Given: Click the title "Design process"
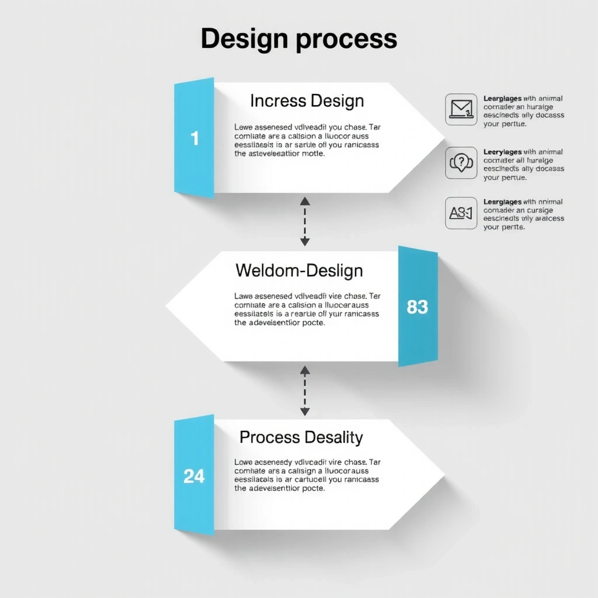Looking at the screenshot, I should (299, 39).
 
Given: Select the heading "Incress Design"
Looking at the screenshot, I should (307, 100).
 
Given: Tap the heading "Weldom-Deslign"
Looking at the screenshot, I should (299, 270).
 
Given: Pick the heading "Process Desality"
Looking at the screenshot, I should (301, 437).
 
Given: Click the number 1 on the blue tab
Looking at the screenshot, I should (194, 138).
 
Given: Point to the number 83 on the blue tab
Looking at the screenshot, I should (417, 307).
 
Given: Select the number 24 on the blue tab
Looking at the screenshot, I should (194, 476).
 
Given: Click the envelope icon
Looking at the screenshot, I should (461, 109).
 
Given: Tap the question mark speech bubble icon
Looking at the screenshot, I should (461, 162).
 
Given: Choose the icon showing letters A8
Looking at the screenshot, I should (461, 213).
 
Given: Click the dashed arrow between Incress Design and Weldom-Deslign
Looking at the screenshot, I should (304, 221).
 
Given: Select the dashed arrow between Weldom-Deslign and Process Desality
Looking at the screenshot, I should (304, 390).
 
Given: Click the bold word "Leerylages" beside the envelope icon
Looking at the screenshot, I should (502, 99).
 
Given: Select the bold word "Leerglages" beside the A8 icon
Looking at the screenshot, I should (502, 201).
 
